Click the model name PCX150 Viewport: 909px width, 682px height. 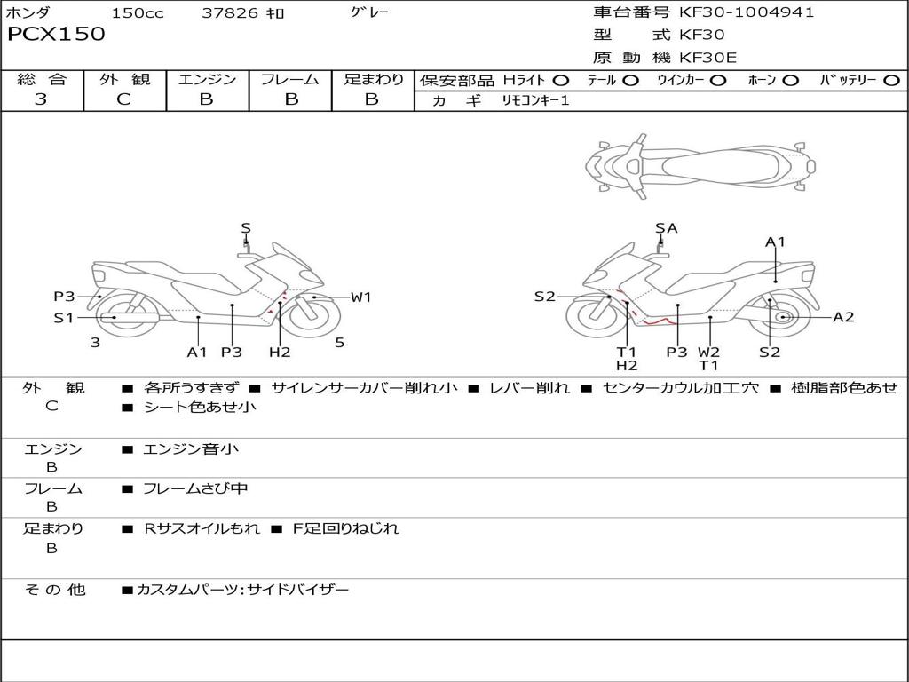point(56,34)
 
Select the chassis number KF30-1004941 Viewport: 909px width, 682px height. point(747,12)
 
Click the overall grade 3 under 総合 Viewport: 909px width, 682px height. point(41,99)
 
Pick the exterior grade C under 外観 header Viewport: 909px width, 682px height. point(124,99)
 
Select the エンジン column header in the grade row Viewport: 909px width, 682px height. point(207,79)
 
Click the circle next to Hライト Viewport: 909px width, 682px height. point(561,81)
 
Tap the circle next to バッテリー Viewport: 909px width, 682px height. point(891,81)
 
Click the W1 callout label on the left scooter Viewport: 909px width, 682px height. point(360,297)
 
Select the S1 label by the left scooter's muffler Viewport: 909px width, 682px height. point(64,318)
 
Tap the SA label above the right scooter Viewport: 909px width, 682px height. point(666,228)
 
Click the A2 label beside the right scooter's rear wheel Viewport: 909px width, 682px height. point(843,317)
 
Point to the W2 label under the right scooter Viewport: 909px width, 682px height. point(708,352)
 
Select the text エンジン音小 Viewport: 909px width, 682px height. point(191,448)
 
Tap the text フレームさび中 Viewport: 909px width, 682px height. point(195,488)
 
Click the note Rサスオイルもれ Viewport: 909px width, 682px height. point(202,528)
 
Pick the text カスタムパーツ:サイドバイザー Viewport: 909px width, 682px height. point(243,590)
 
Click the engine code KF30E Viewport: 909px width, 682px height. point(707,58)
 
